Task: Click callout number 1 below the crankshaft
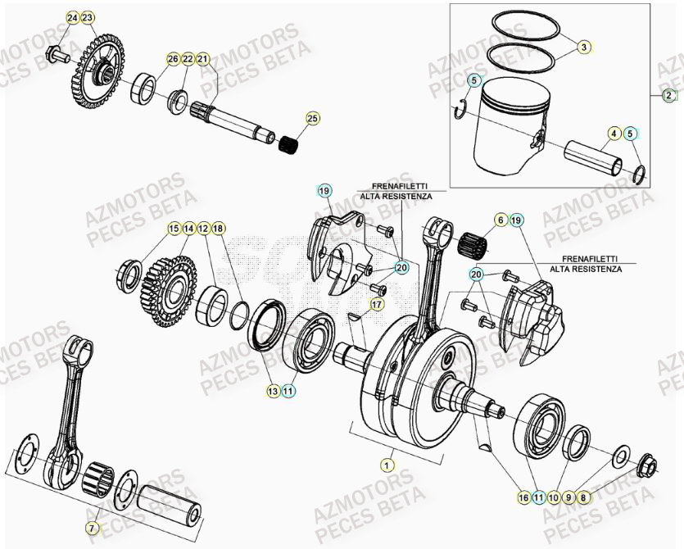(x=383, y=464)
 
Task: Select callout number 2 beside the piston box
(x=668, y=95)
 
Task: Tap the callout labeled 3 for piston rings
(x=583, y=47)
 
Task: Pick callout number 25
(x=310, y=120)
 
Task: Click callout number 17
(x=500, y=220)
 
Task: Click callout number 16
(x=523, y=497)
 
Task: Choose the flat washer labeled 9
(x=620, y=453)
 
